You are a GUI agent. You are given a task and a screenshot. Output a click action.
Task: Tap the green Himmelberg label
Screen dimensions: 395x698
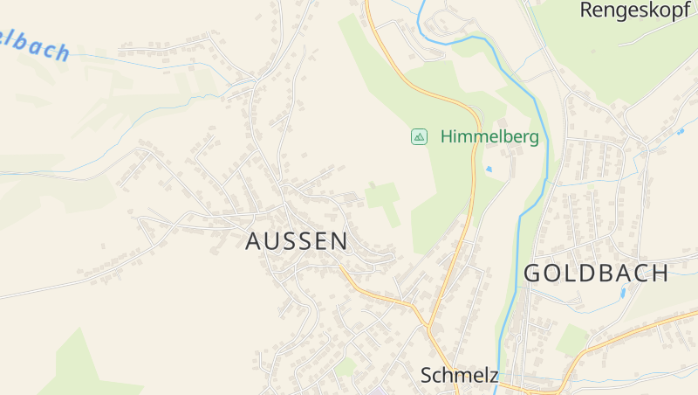click(489, 136)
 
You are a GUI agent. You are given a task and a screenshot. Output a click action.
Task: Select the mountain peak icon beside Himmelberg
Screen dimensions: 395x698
click(420, 136)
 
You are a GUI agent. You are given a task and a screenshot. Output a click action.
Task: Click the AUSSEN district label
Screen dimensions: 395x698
click(297, 241)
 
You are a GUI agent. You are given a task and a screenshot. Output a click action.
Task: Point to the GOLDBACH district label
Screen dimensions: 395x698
click(596, 273)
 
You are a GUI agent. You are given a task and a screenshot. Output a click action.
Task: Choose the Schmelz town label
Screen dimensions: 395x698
click(459, 376)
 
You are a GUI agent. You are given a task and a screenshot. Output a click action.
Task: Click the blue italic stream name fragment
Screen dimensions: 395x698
click(35, 45)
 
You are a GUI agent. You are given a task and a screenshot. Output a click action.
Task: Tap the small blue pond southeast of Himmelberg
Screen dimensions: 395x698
click(489, 168)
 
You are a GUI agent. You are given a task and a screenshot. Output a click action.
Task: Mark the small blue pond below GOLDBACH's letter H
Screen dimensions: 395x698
click(623, 293)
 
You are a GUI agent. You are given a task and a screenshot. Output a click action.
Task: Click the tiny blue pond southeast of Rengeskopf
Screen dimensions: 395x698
click(680, 131)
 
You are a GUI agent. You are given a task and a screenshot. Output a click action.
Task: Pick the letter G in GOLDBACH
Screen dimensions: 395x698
click(532, 273)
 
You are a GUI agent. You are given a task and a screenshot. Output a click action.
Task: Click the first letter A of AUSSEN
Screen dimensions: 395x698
click(254, 241)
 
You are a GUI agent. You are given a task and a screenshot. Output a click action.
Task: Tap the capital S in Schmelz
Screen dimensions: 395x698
click(427, 376)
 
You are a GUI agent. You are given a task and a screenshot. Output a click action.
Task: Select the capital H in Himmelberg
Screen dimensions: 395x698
click(447, 136)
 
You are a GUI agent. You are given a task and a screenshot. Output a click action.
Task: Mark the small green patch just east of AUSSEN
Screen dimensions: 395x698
click(382, 196)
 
